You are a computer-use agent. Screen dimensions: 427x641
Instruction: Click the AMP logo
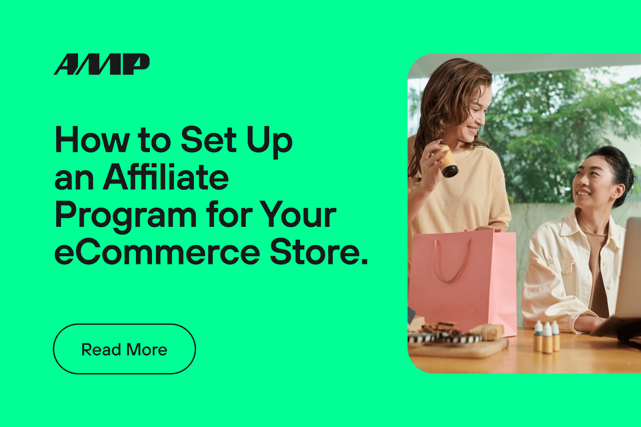(101, 64)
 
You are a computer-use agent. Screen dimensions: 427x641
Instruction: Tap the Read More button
(124, 349)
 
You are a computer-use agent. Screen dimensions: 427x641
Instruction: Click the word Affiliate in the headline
(166, 177)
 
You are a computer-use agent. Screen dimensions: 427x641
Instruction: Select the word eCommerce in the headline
(157, 252)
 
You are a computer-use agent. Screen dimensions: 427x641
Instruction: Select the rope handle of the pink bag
(452, 262)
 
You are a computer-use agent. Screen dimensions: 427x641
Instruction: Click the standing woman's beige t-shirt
(463, 196)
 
